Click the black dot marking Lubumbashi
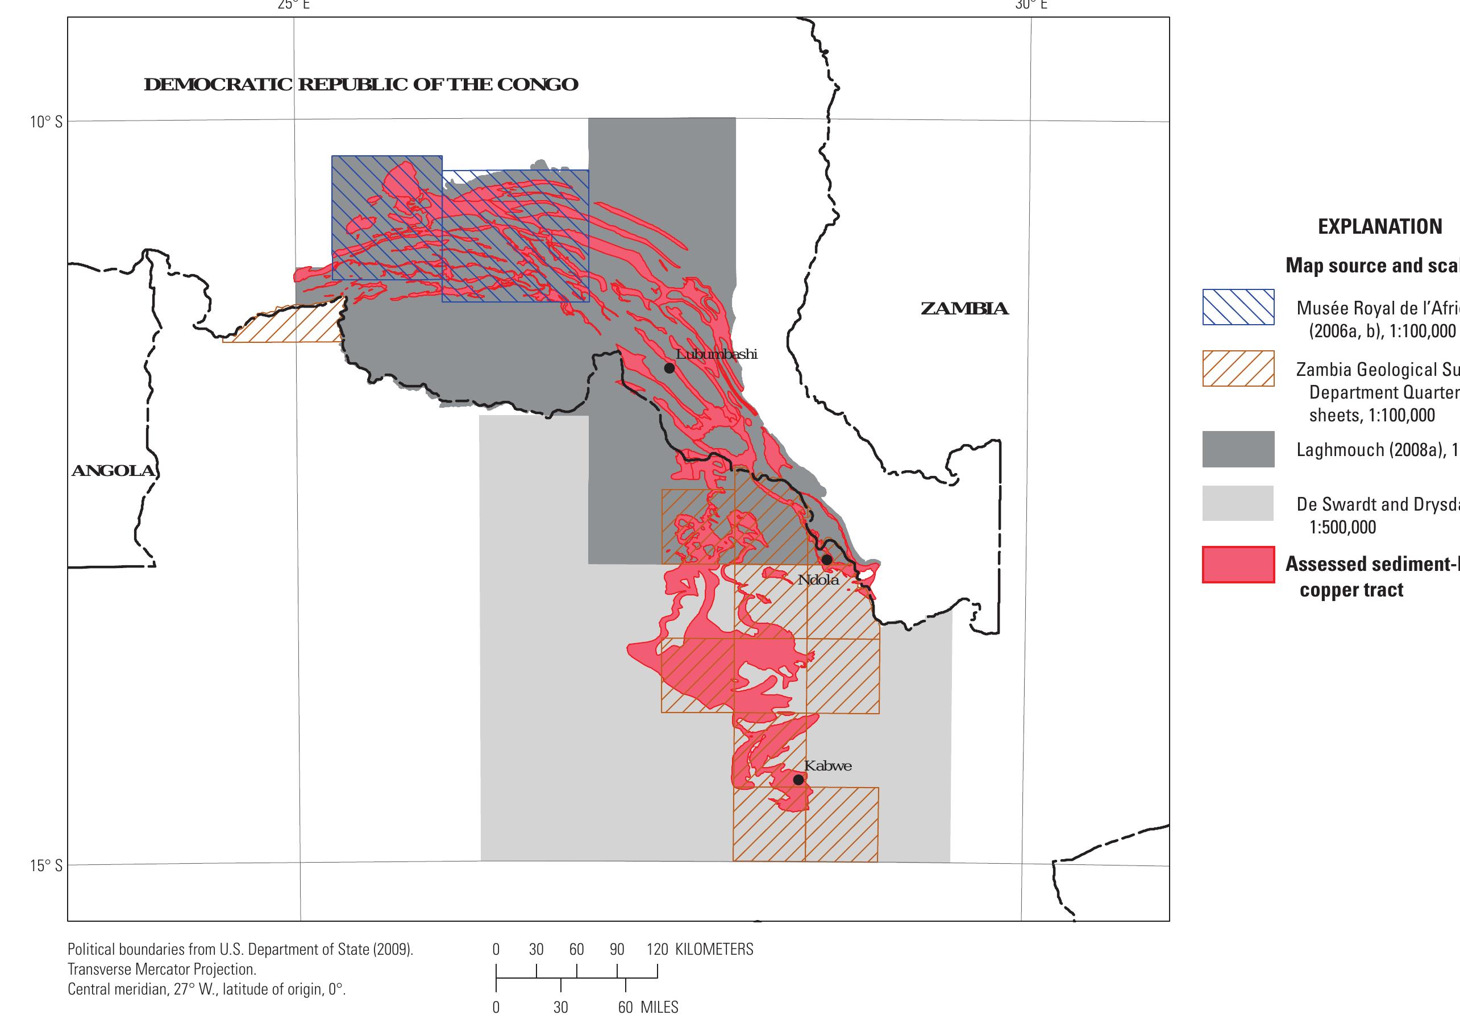(x=669, y=368)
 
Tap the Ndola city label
(x=818, y=580)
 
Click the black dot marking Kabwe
(x=798, y=779)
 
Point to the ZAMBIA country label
(x=964, y=309)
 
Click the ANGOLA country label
(x=113, y=471)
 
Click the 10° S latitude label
(x=46, y=122)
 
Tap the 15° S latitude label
(x=46, y=865)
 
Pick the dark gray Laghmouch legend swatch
(x=1238, y=449)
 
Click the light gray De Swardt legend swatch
(x=1238, y=503)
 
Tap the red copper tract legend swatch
(x=1238, y=564)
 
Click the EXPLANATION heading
(x=1379, y=226)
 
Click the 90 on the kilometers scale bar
(x=616, y=950)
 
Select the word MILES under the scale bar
(x=659, y=1008)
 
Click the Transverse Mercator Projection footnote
(x=161, y=970)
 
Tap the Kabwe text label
(x=827, y=766)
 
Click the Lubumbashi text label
(x=717, y=354)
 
